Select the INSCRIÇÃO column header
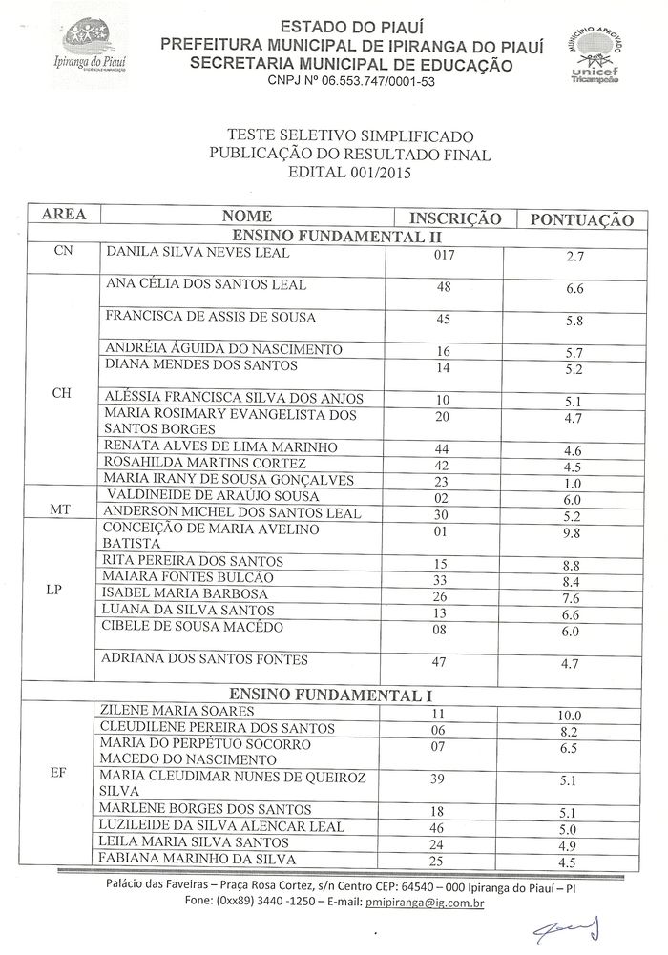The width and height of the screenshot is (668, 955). coord(455,218)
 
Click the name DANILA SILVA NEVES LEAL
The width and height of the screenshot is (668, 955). coord(198,253)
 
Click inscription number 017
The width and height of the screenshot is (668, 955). coord(445,254)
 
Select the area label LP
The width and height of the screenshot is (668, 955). coord(53,590)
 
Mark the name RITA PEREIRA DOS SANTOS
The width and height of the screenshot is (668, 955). coord(195,561)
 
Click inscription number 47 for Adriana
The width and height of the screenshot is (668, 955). coord(443,660)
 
